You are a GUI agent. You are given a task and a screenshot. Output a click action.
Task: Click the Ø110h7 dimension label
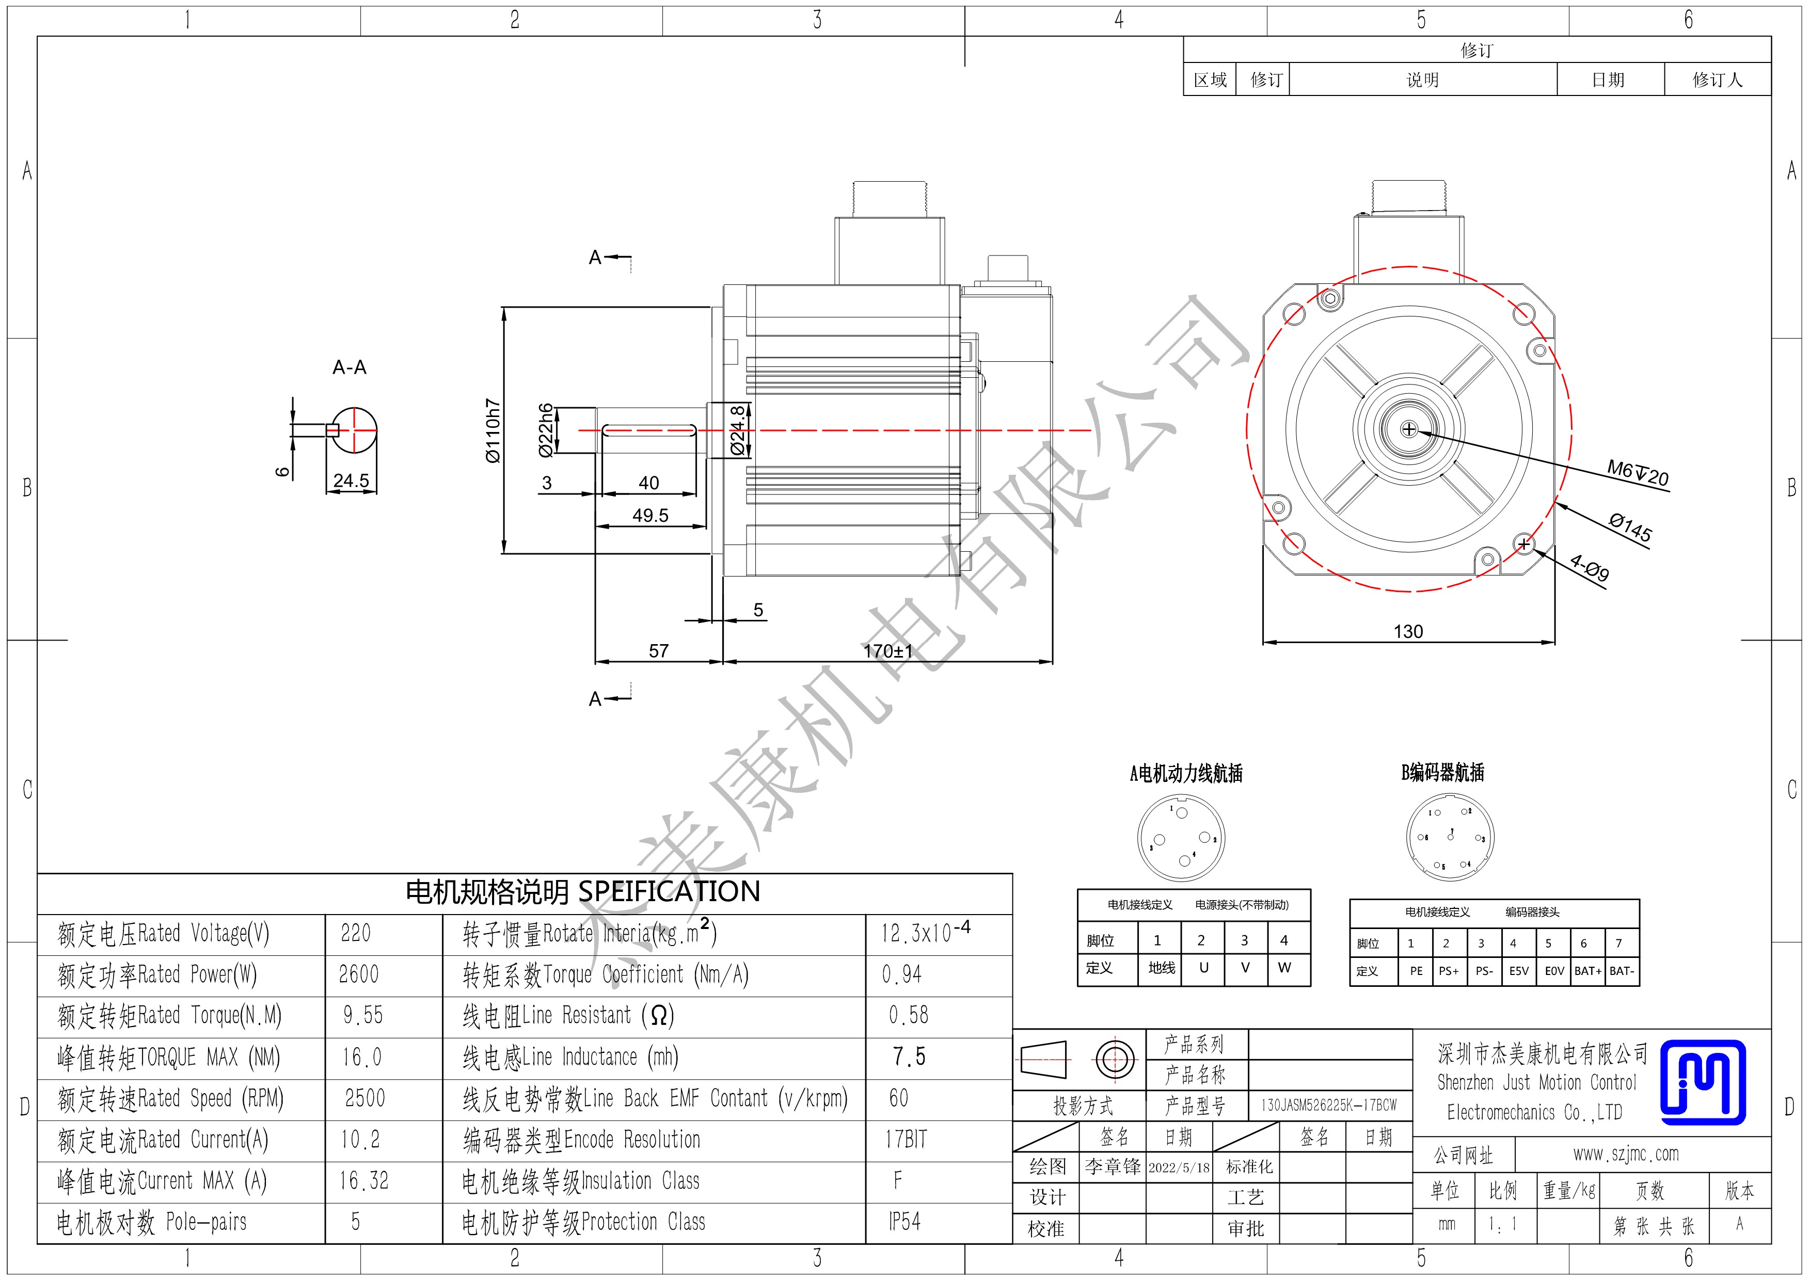493,430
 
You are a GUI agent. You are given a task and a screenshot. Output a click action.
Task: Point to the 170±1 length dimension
888,651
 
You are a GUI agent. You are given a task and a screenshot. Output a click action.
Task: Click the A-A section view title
350,367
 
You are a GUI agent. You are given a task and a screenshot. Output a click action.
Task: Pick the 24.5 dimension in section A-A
351,481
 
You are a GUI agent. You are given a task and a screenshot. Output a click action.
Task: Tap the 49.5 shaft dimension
650,515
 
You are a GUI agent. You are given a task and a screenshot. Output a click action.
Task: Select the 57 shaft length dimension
659,651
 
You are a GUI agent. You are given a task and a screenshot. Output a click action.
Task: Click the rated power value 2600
359,975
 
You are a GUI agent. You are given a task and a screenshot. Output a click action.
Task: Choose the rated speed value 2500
365,1098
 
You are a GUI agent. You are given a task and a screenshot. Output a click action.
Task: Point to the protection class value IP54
904,1222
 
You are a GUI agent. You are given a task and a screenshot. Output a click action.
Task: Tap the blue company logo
1703,1082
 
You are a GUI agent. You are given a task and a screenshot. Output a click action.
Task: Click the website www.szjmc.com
1626,1155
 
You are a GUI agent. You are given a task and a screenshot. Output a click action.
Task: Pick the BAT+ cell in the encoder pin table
1588,971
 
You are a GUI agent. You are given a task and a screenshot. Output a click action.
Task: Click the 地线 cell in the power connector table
1161,968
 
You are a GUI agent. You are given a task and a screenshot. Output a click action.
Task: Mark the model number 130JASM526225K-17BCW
1329,1105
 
